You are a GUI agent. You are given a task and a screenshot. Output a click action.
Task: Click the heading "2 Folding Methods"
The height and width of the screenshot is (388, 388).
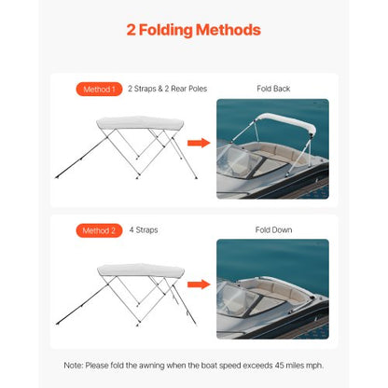tap(193, 30)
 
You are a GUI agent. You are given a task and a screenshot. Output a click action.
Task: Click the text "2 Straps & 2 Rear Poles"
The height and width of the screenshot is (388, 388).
tap(167, 89)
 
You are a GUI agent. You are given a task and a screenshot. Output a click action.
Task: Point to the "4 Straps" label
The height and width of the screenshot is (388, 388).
tap(144, 229)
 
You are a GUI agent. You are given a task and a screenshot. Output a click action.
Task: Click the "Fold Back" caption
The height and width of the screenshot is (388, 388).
tap(273, 89)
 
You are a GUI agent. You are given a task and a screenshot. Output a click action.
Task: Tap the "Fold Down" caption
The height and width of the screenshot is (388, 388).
tap(273, 229)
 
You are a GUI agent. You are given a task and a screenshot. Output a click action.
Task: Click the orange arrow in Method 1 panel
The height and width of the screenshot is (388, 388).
tap(197, 143)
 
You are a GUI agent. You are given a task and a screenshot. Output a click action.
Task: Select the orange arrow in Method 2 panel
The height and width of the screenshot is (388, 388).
tap(197, 284)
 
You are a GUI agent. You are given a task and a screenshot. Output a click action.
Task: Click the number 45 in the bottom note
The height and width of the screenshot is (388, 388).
tap(280, 364)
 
